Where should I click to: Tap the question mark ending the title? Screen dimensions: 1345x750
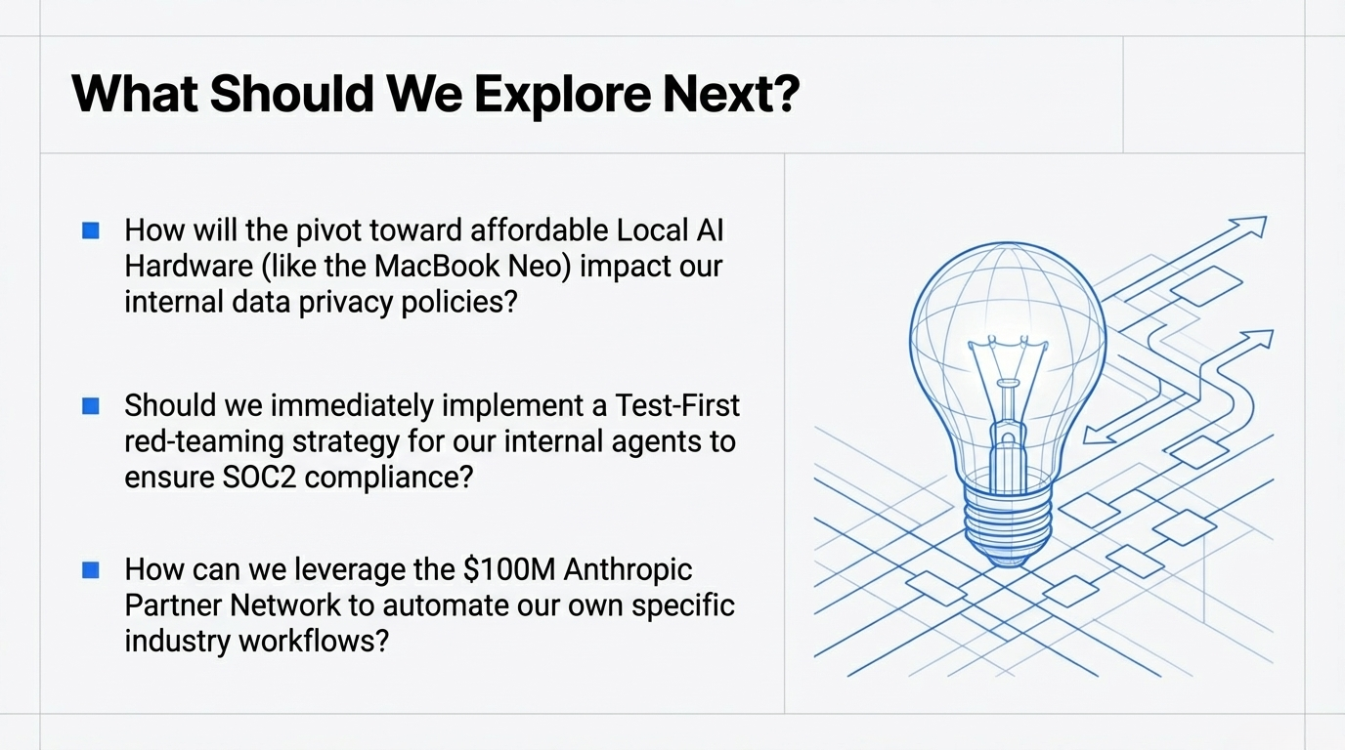click(783, 93)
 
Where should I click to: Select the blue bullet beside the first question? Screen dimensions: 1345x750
click(91, 230)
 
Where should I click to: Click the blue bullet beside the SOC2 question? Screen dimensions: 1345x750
click(91, 406)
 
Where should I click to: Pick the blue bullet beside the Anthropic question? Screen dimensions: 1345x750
click(91, 570)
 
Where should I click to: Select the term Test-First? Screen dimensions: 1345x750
click(676, 405)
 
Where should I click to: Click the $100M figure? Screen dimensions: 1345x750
click(509, 569)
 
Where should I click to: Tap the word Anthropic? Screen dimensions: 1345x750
click(629, 570)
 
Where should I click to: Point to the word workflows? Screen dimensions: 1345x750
click(314, 642)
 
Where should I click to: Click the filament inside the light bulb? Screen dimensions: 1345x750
click(1008, 390)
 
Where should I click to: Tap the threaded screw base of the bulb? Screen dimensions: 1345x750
click(1009, 525)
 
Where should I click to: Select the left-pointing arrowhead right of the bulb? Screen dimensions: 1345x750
click(1099, 435)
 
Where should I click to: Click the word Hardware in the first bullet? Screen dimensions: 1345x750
click(189, 267)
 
